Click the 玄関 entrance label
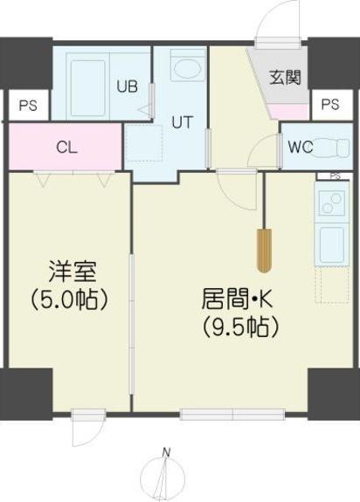284,78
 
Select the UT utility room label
181,123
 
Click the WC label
300,146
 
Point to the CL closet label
66,147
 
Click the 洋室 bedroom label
67,271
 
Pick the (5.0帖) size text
67,299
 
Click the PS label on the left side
27,107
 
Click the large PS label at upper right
329,105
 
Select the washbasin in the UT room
186,68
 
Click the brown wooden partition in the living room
263,251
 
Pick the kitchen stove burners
332,203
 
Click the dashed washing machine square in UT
143,143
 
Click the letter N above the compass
166,451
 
